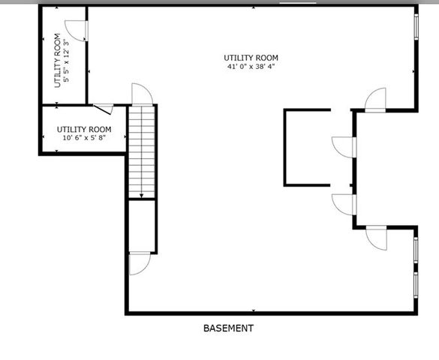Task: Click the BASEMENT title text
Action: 228,328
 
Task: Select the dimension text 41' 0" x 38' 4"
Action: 251,67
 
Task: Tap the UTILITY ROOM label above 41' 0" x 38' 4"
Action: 251,58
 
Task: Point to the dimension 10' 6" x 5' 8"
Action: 84,138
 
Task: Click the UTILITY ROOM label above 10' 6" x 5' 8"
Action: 84,129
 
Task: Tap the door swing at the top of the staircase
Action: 143,94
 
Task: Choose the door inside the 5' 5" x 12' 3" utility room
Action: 77,28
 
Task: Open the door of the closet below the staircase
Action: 140,264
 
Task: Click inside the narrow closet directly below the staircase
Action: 142,225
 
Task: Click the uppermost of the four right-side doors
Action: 375,100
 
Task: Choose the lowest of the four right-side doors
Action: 375,236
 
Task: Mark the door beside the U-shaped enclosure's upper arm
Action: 343,147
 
